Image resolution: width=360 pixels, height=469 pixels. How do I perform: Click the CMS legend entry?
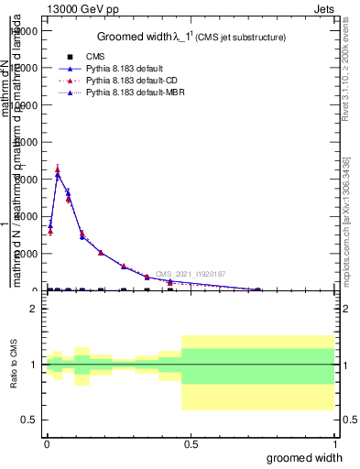coord(96,57)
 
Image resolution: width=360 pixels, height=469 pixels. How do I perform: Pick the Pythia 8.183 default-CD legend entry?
coord(129,81)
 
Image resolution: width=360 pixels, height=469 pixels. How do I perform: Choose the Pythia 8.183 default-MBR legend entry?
coord(132,93)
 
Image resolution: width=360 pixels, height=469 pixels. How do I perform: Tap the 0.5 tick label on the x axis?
coord(191,444)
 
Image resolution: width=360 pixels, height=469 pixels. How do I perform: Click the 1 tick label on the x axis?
coord(334,444)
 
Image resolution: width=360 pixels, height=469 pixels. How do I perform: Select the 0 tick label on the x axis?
coord(47,444)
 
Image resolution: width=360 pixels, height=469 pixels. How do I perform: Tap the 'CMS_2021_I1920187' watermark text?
coord(190,274)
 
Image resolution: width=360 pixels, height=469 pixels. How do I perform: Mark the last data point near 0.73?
coord(257,289)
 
